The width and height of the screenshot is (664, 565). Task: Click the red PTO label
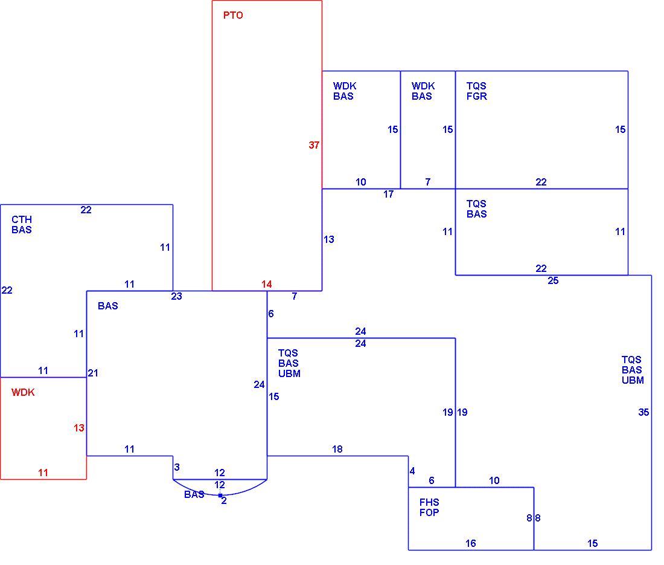coord(233,16)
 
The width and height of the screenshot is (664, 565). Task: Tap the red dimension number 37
coord(314,146)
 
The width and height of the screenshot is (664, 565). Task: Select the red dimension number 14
coord(266,285)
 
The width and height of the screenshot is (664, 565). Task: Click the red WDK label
coord(23,393)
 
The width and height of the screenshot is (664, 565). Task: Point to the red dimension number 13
coord(78,428)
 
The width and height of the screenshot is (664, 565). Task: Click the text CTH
coord(22,219)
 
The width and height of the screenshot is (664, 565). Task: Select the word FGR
coord(477,97)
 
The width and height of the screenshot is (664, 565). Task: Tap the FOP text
coord(429,512)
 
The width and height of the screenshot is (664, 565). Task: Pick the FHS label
coord(429,502)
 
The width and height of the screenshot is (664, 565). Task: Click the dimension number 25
coord(553,280)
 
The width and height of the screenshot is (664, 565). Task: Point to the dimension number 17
coord(388,194)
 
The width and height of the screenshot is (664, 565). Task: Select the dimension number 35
coord(643,412)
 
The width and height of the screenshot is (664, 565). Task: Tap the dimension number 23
coord(177,297)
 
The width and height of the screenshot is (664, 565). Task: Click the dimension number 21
coord(93,373)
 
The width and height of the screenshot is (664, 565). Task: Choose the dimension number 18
coord(337,450)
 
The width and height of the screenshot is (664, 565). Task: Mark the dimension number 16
coord(470,543)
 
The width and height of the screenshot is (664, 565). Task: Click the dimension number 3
coord(177,467)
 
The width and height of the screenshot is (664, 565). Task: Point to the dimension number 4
coord(412,471)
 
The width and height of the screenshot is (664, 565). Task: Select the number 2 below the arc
coord(224,501)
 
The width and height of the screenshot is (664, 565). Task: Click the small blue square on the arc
coord(220,495)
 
